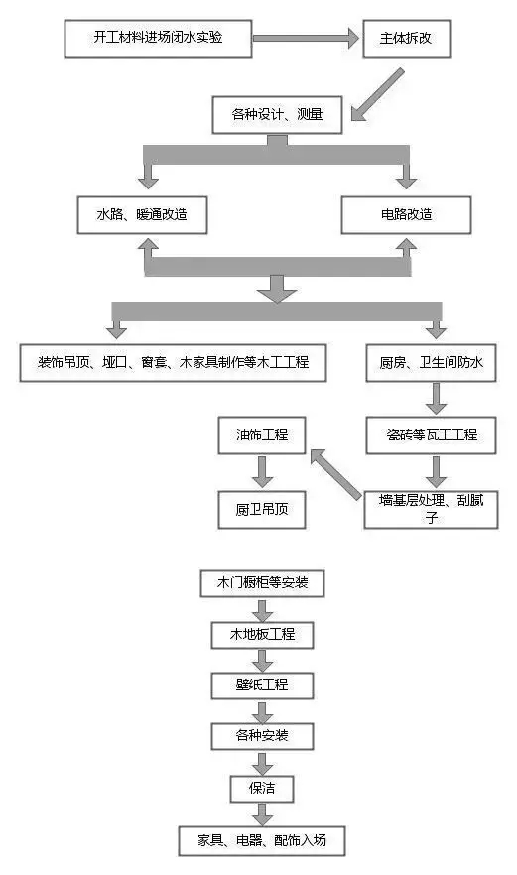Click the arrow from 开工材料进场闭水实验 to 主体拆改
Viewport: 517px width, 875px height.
point(306,39)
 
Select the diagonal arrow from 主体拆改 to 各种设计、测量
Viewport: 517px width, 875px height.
point(377,95)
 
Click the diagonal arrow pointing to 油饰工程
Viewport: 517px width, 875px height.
point(335,474)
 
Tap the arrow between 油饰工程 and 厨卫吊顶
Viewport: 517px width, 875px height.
point(262,472)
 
